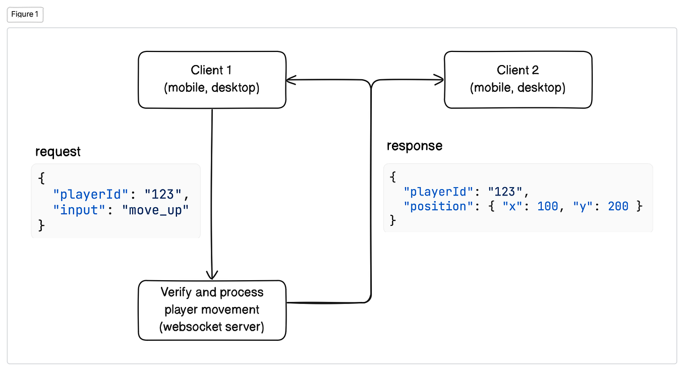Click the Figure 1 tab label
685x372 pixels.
pos(25,15)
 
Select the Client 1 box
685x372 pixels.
pos(212,79)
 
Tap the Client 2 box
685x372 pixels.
pos(518,79)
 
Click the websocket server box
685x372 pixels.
pos(212,310)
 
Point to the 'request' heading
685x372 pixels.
pos(58,152)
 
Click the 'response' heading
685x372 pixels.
pos(414,146)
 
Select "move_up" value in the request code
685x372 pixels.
pos(155,210)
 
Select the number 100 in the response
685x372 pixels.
pos(548,206)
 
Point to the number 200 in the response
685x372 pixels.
pos(618,206)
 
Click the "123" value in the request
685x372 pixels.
pos(162,194)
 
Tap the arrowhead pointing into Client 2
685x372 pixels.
pos(439,79)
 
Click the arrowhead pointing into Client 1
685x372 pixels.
pos(291,79)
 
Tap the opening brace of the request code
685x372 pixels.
pos(41,178)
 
